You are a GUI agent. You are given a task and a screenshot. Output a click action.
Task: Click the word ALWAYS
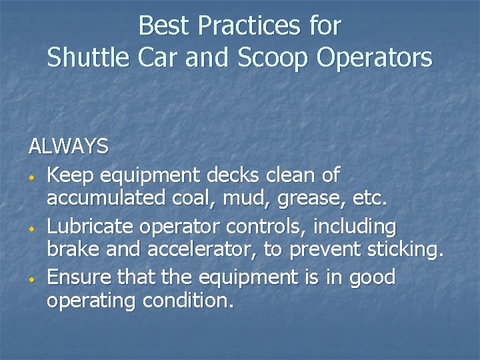click(68, 146)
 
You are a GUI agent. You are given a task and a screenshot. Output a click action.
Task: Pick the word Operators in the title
click(374, 58)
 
